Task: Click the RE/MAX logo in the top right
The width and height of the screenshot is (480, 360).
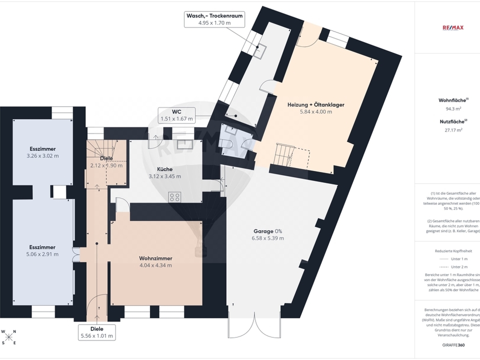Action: (x=453, y=27)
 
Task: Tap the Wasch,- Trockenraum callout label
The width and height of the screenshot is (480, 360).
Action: (x=214, y=19)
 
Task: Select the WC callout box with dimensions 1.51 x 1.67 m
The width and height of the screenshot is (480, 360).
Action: (x=177, y=115)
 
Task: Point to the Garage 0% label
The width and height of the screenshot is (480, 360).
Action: (x=267, y=234)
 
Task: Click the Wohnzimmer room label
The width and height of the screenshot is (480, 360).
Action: (x=155, y=261)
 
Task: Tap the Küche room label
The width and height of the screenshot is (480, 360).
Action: (x=164, y=172)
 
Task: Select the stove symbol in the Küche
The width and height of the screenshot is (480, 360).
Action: (x=174, y=196)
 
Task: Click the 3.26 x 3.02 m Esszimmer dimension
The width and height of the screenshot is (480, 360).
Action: (x=42, y=156)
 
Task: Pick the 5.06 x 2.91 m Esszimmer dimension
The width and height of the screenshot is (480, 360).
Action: (x=42, y=254)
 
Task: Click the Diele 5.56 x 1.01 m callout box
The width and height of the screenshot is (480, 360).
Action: (x=96, y=332)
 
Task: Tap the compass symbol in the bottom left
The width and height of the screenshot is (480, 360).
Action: (x=8, y=336)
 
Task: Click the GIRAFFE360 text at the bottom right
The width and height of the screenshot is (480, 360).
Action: (x=453, y=345)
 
